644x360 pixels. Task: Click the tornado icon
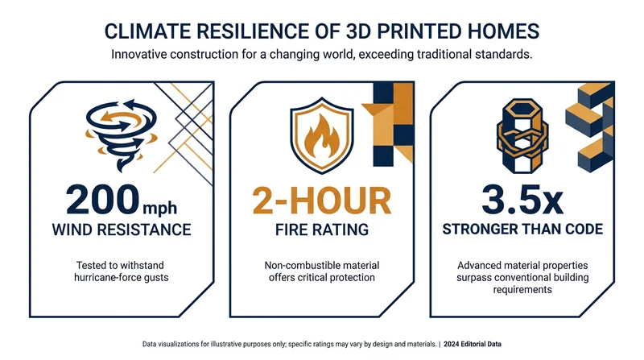pos(122,134)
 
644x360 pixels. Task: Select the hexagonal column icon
pos(522,135)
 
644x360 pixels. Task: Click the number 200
pos(103,200)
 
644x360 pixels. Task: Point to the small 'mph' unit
pos(159,208)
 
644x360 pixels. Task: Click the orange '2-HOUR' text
pos(321,201)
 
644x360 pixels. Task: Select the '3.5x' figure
pos(522,201)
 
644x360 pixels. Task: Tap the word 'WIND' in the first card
pos(70,230)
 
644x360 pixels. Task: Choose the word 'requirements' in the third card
pos(522,290)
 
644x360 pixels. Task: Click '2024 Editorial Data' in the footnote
pos(473,344)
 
